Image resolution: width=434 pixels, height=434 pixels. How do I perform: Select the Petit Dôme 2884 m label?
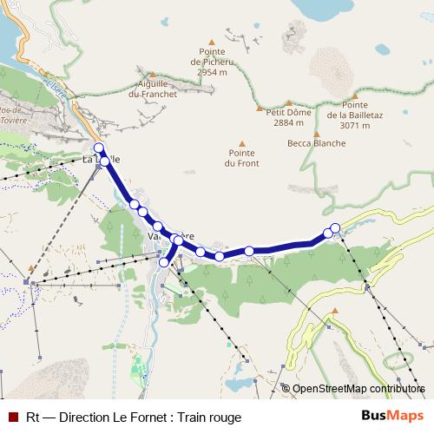288,117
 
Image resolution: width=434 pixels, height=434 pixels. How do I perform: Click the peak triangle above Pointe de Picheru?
212,40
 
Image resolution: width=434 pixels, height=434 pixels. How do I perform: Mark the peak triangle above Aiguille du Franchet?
152,74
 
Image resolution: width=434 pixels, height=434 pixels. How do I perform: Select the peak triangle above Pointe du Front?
241,143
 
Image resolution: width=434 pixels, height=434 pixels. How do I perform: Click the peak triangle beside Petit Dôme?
259,108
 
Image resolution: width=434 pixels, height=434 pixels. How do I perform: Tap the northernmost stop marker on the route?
99,148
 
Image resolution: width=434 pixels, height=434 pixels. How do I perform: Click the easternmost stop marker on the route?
335,228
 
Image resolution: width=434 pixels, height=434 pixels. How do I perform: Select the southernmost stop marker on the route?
164,262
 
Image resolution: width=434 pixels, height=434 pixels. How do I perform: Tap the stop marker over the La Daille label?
104,161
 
